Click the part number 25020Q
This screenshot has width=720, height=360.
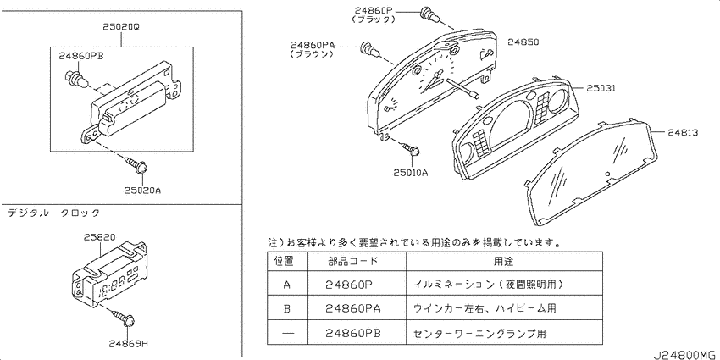point(121,27)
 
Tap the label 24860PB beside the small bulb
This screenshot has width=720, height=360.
point(80,56)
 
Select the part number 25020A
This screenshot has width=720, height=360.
point(141,190)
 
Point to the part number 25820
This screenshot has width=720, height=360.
point(101,237)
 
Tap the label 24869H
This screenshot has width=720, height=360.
point(127,343)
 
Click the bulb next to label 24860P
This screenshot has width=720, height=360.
point(429,14)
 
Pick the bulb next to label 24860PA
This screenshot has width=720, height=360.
point(369,47)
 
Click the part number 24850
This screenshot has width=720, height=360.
point(523,42)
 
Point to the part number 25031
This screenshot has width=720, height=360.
point(600,87)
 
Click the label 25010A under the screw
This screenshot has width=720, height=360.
point(411,172)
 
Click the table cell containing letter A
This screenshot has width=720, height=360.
point(287,285)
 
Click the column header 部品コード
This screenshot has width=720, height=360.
point(353,261)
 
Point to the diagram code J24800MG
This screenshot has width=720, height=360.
point(685,355)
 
